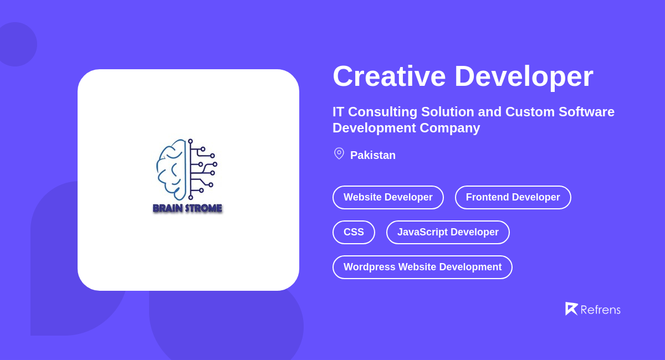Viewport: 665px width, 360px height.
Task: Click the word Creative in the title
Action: [x=388, y=76]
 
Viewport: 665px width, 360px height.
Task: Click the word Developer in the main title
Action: [x=523, y=76]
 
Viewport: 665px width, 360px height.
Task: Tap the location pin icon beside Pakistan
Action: [x=339, y=153]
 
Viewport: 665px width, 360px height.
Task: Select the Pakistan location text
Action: [x=372, y=155]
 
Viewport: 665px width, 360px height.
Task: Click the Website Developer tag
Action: [x=388, y=197]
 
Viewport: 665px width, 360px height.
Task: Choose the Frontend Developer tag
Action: [x=513, y=197]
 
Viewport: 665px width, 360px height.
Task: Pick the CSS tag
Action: [x=354, y=232]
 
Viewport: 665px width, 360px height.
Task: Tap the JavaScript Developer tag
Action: [x=448, y=232]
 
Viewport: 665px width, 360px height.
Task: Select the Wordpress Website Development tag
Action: [x=422, y=267]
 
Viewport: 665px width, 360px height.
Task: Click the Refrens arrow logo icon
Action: [x=571, y=308]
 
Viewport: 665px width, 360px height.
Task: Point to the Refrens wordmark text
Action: [x=600, y=310]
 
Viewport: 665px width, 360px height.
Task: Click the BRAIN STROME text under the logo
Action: [x=187, y=208]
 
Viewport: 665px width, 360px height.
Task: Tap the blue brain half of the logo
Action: [x=171, y=169]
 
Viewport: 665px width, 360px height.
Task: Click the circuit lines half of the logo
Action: [x=202, y=169]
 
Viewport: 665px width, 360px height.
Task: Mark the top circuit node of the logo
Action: [x=190, y=141]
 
